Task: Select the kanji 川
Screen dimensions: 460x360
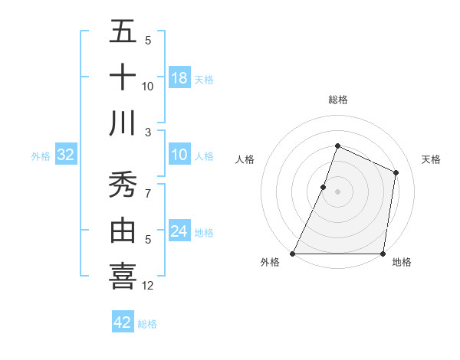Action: point(123,123)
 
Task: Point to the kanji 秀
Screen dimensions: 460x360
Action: point(123,185)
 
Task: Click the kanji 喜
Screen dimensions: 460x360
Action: point(123,277)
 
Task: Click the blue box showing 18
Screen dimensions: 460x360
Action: point(179,77)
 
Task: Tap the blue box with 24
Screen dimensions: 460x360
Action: point(179,231)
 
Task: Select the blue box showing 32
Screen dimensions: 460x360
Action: point(66,155)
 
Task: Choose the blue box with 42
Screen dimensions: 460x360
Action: point(123,322)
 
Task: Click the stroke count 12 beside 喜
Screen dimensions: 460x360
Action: point(148,286)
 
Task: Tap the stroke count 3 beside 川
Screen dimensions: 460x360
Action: point(148,133)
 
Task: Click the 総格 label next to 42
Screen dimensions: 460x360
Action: point(147,324)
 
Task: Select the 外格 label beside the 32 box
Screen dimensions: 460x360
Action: point(41,156)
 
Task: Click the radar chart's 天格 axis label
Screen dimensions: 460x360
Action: point(431,159)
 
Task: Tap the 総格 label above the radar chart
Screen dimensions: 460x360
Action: point(337,100)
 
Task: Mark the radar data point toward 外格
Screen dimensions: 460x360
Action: point(293,254)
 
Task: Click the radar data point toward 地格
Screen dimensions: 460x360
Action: point(382,254)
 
